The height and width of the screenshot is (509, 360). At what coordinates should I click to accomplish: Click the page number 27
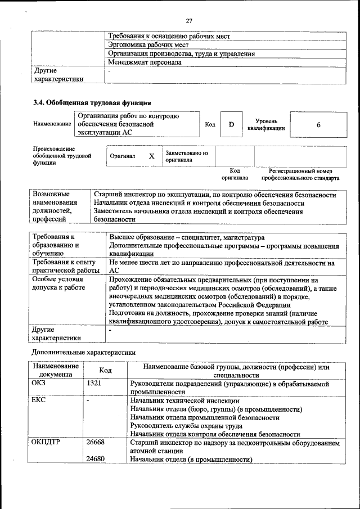coord(189,21)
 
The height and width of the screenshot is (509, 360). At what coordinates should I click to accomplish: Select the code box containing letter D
coord(231,124)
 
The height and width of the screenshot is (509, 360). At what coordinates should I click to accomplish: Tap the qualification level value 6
coord(318,124)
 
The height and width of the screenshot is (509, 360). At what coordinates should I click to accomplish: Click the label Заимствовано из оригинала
coord(186,156)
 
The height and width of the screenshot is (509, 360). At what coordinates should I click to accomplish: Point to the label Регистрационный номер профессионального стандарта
coord(300,174)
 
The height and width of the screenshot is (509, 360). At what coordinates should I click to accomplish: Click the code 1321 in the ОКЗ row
coord(94,384)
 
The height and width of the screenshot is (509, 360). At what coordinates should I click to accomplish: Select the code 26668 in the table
coord(96,443)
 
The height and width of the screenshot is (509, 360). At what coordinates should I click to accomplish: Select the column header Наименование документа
coord(56,370)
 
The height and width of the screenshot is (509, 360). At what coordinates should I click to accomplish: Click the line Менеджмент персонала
coord(145,62)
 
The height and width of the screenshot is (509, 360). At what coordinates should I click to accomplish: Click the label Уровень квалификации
coord(266,124)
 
